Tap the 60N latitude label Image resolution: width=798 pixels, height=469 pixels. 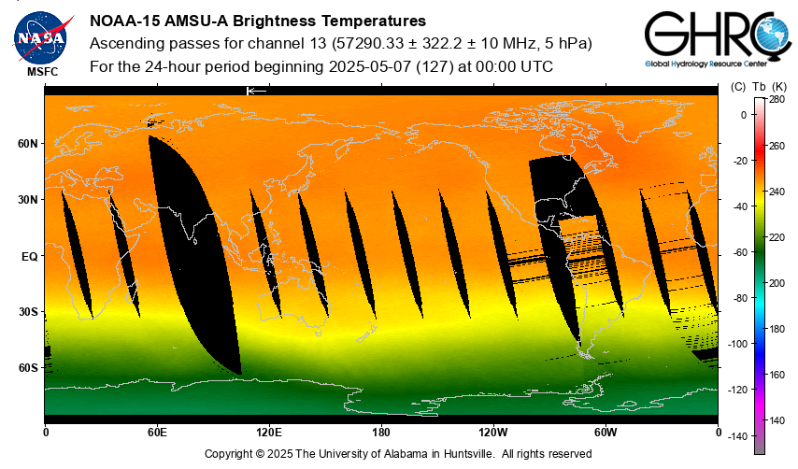click(x=27, y=144)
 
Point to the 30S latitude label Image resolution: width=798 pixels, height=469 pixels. click(x=27, y=312)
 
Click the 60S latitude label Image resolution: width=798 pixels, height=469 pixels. click(x=27, y=368)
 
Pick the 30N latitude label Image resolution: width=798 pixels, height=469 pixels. click(x=27, y=200)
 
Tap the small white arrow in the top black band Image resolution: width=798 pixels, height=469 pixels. click(x=256, y=91)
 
